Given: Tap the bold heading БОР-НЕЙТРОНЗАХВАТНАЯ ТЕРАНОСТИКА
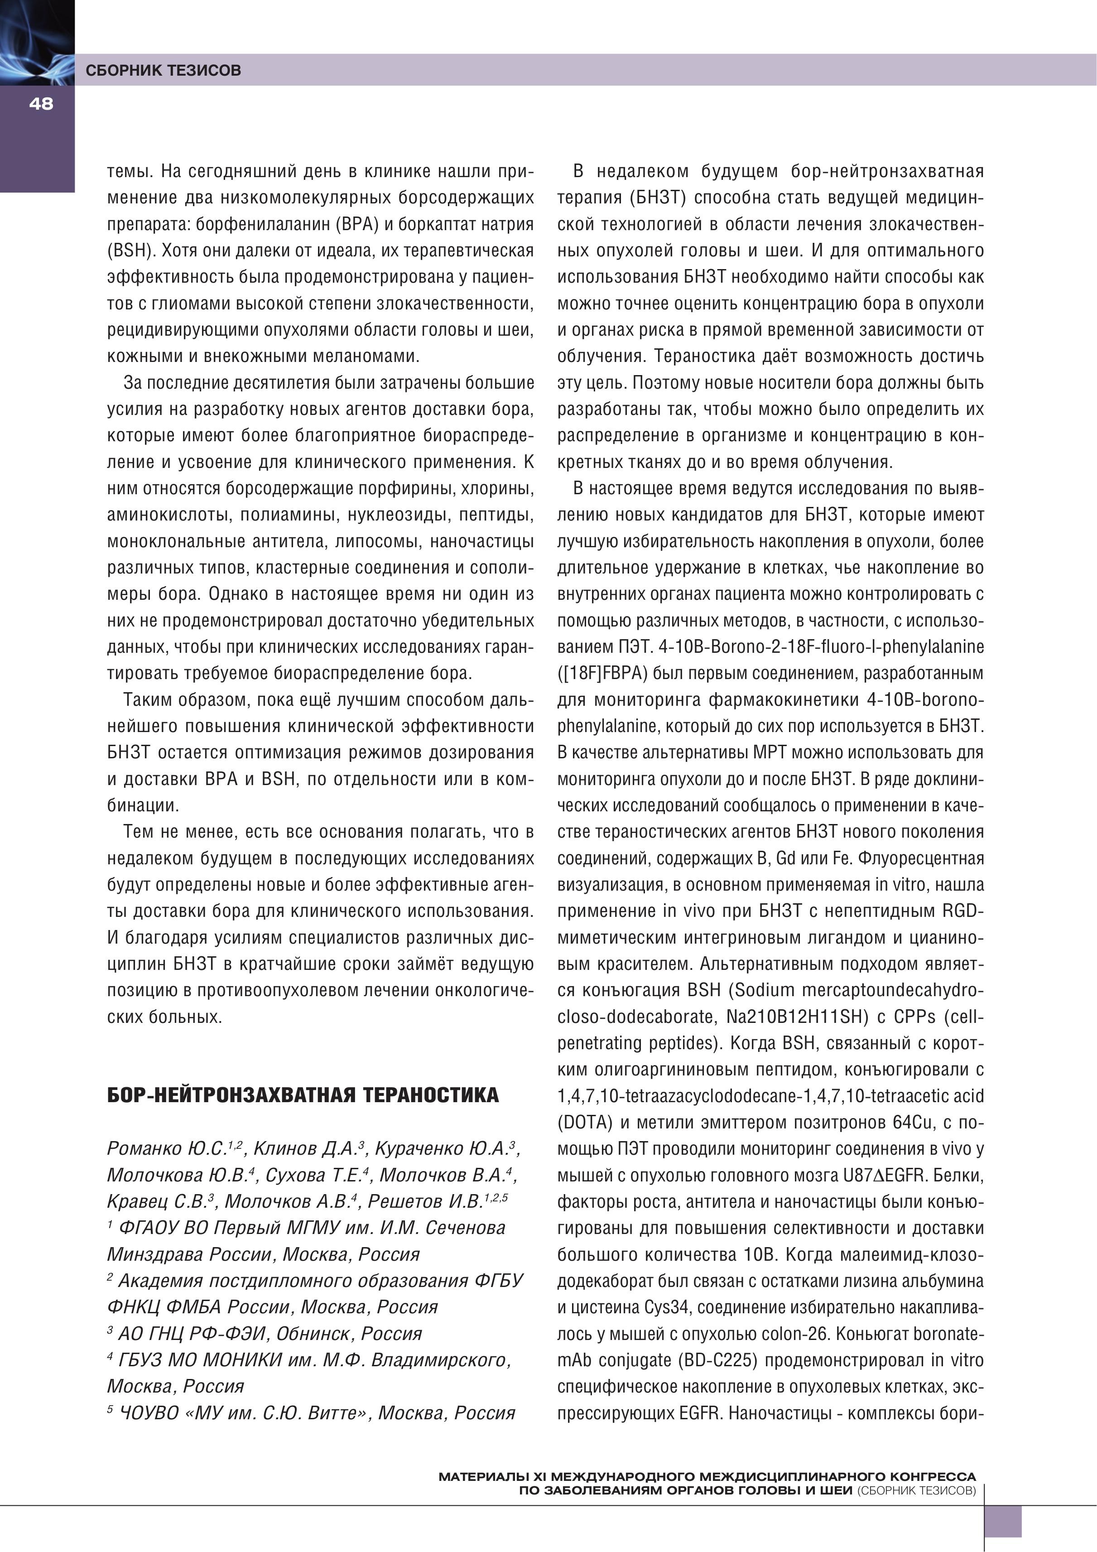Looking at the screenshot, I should pyautogui.click(x=303, y=1095).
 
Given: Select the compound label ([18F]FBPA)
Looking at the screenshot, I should pyautogui.click(x=604, y=673).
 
